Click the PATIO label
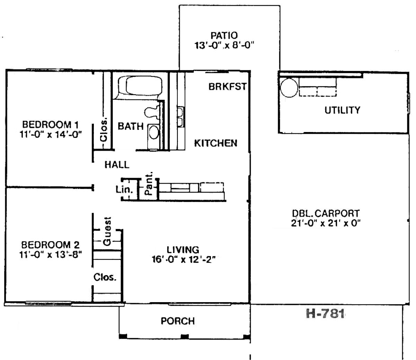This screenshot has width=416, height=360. click(224, 36)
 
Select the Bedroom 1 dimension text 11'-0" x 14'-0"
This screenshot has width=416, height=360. click(51, 134)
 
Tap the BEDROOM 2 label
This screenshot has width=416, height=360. click(51, 245)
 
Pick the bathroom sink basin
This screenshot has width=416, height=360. click(153, 132)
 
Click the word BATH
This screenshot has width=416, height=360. click(131, 126)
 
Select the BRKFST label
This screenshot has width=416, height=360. click(227, 87)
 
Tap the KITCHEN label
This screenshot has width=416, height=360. click(215, 143)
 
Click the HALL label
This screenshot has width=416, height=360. click(117, 165)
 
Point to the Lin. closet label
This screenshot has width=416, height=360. click(124, 190)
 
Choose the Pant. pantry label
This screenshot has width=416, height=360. click(149, 183)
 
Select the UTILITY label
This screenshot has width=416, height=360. click(342, 110)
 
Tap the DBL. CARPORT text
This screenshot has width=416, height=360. click(326, 213)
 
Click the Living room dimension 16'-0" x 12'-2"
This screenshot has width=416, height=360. click(184, 260)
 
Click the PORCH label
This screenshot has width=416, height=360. click(178, 321)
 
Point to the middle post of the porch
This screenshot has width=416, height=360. click(185, 336)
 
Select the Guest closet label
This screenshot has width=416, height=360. click(107, 231)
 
